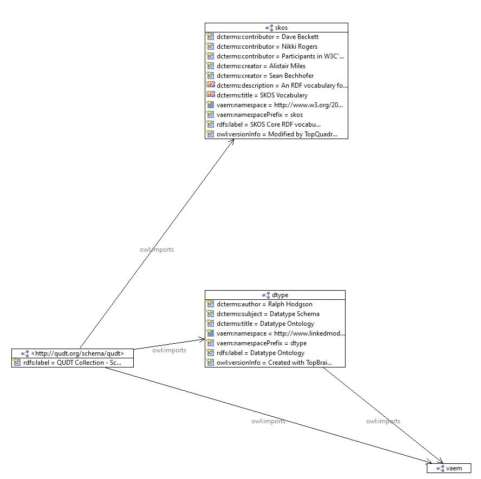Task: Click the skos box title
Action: point(281,28)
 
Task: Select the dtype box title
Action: point(280,295)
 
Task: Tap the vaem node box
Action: point(449,468)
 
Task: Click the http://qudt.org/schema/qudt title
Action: point(77,353)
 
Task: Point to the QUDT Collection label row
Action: point(72,363)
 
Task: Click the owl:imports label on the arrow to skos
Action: point(157,250)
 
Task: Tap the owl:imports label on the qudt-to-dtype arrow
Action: point(170,350)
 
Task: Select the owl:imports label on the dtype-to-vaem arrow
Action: point(383,421)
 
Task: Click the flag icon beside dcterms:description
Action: point(210,85)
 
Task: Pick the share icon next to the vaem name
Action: point(440,468)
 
